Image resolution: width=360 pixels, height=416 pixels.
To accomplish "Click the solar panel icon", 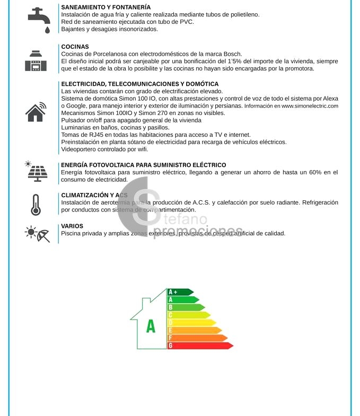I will pyautogui.click(x=36, y=171).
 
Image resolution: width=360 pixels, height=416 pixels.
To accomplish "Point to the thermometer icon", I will pyautogui.click(x=36, y=205).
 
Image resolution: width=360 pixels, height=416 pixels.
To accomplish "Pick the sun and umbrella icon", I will pyautogui.click(x=38, y=233).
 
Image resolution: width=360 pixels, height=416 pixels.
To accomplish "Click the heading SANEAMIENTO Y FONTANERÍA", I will pyautogui.click(x=106, y=7).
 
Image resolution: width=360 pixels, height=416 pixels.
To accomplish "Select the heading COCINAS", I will pyautogui.click(x=75, y=47).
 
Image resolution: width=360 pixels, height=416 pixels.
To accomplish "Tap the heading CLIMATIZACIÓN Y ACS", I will pyautogui.click(x=94, y=195).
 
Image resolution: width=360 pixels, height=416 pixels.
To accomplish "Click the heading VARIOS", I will pyautogui.click(x=72, y=226).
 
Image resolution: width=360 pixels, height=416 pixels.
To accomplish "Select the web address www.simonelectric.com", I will pyautogui.click(x=309, y=106).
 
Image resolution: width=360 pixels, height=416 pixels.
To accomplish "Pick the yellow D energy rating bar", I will pyautogui.click(x=189, y=315).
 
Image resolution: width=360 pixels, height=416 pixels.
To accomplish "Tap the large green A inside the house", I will pyautogui.click(x=151, y=327).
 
